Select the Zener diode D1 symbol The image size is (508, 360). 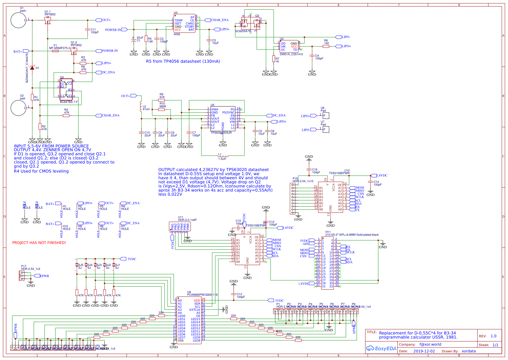click(32, 68)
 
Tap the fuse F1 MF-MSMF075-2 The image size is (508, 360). click(55, 51)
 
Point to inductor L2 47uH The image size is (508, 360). click(141, 106)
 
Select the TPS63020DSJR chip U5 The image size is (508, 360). click(223, 118)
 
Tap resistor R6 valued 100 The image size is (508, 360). click(326, 46)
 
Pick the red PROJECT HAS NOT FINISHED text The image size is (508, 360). click(39, 243)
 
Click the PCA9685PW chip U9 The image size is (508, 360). click(189, 320)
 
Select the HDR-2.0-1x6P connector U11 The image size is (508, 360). click(180, 226)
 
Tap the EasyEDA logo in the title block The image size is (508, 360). click(381, 348)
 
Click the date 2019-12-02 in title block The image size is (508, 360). click(424, 351)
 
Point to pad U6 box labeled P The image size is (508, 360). click(326, 116)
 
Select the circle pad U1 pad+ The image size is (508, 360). click(18, 20)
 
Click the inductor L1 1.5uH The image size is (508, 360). click(222, 156)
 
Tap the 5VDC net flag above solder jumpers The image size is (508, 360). click(123, 259)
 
